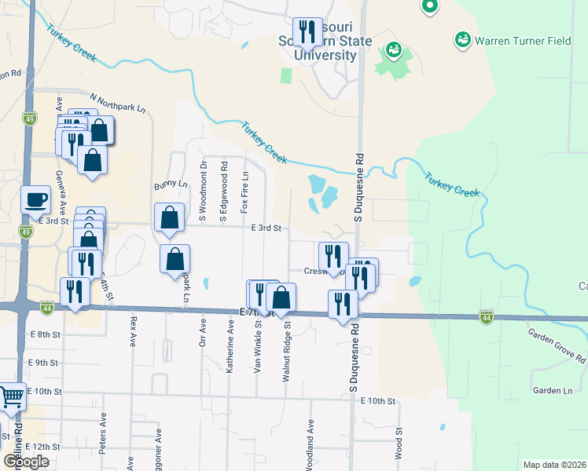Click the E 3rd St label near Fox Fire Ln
pyautogui.click(x=266, y=228)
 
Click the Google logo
pyautogui.click(x=26, y=462)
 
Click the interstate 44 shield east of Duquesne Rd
pyautogui.click(x=487, y=316)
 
